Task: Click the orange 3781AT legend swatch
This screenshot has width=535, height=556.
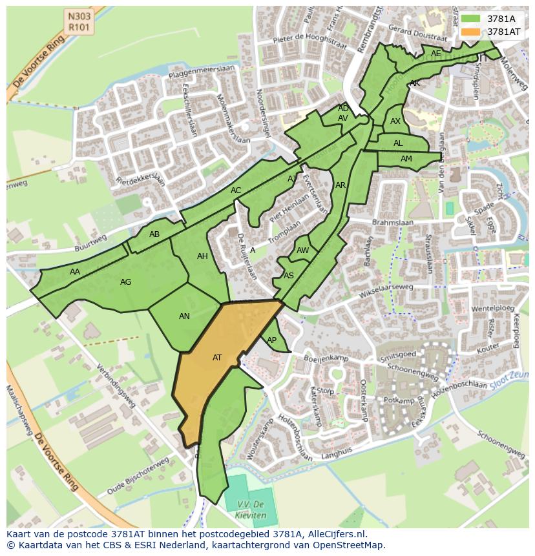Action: coord(471,32)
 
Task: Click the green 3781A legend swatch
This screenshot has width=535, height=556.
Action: coord(471,19)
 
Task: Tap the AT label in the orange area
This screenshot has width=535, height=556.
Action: coord(217,358)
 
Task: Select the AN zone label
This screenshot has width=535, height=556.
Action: coord(184,316)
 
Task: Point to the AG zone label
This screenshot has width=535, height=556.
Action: coord(125,282)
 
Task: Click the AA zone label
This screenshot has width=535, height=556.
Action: coord(75,272)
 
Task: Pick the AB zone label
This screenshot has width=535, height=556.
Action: coord(154,234)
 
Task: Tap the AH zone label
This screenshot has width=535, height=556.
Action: coord(202,256)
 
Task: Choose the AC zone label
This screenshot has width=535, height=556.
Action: coord(236,190)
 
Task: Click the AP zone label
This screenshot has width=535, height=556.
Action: coord(271,340)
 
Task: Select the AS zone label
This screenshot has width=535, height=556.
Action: coord(289,276)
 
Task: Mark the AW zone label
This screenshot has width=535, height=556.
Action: coord(302,251)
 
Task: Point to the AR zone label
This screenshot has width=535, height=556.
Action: coord(341,185)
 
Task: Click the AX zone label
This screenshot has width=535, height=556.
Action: coord(395,121)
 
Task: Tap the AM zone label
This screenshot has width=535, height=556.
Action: coord(406,159)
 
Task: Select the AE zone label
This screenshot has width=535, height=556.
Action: coord(436,54)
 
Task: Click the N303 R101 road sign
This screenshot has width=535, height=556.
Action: coord(79,21)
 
